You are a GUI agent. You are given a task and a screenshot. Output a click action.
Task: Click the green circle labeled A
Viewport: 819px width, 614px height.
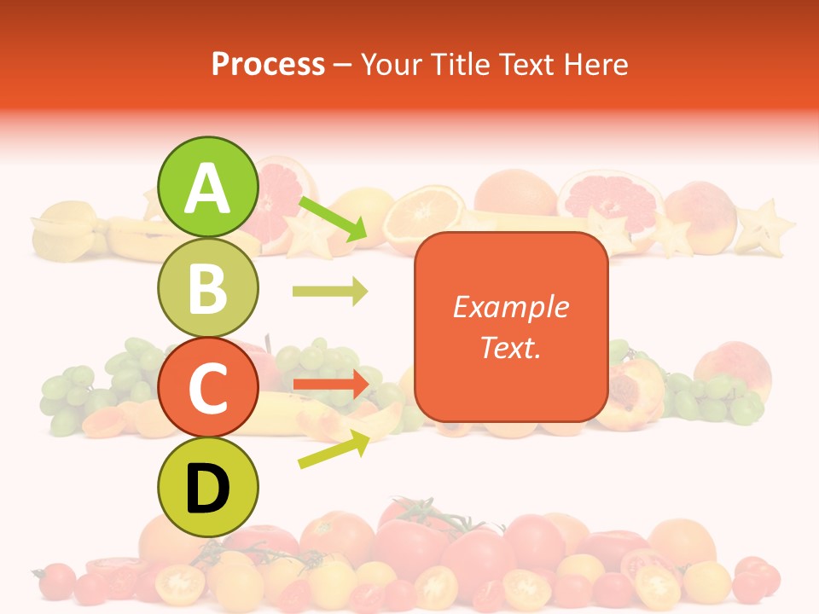point(207,187)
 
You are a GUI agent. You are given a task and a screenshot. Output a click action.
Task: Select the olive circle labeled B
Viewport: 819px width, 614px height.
point(207,287)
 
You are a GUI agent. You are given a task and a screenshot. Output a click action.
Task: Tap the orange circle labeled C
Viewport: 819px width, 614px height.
point(207,387)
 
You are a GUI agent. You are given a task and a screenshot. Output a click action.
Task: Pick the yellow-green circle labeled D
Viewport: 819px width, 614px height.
point(207,487)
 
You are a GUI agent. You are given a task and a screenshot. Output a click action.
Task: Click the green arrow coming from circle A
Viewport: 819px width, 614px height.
point(333,218)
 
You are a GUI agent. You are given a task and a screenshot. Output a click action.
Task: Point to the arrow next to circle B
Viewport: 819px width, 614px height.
point(330,292)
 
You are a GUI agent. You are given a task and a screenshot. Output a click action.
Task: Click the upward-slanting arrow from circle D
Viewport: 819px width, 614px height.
point(334,449)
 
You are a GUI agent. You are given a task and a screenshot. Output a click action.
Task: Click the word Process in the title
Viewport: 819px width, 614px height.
point(268,64)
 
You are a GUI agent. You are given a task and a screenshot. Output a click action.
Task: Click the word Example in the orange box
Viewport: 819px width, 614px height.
point(510,307)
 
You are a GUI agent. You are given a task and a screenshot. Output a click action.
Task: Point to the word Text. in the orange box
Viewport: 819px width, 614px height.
point(510,347)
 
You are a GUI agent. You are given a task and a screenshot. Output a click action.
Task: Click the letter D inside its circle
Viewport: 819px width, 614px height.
point(207,489)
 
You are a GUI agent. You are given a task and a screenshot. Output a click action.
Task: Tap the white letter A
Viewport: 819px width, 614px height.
point(207,188)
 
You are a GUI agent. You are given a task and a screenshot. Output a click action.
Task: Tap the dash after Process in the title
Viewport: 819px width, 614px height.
point(343,65)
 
